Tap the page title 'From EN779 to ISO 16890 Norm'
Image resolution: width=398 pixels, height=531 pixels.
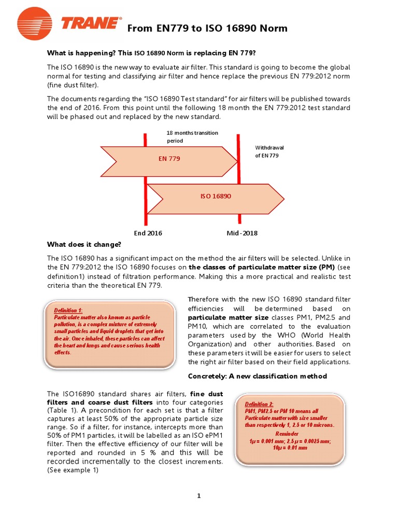pyautogui.click(x=207, y=28)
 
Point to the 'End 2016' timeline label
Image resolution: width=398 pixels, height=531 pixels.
pyautogui.click(x=148, y=233)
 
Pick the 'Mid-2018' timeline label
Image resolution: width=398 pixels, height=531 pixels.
pyautogui.click(x=242, y=233)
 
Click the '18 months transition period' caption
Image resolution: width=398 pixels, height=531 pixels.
pyautogui.click(x=192, y=137)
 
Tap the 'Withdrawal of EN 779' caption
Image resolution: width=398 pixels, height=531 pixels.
pyautogui.click(x=269, y=151)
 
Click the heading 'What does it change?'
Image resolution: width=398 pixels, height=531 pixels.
pyautogui.click(x=84, y=244)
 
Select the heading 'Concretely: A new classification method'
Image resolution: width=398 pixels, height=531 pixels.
pyautogui.click(x=257, y=376)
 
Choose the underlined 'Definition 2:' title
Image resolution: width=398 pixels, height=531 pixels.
pyautogui.click(x=260, y=404)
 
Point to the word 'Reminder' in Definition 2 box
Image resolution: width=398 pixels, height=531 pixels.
pyautogui.click(x=287, y=433)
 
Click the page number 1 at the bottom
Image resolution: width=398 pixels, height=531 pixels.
pyautogui.click(x=198, y=496)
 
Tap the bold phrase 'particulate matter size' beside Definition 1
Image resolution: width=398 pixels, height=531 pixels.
pyautogui.click(x=228, y=317)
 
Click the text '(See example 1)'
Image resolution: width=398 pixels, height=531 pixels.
pyautogui.click(x=73, y=470)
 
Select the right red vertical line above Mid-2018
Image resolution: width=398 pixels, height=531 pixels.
pyautogui.click(x=238, y=176)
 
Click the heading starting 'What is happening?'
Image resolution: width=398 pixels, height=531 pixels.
pyautogui.click(x=152, y=53)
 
